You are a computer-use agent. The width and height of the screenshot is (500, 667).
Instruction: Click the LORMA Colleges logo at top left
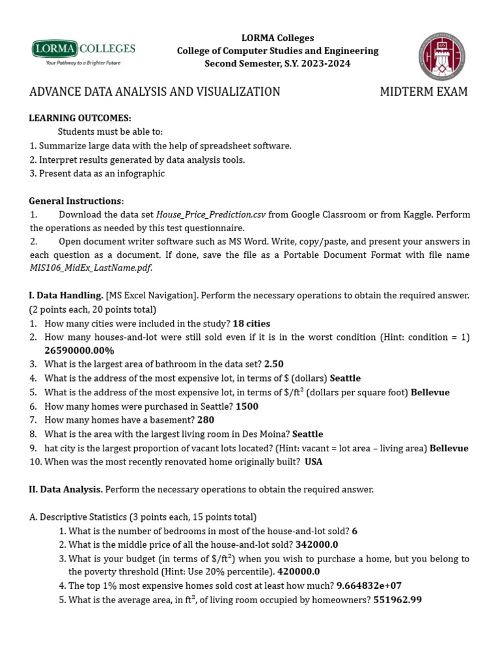83,52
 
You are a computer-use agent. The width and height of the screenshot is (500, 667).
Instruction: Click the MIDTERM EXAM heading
424,92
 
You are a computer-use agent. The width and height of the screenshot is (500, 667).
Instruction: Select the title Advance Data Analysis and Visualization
155,92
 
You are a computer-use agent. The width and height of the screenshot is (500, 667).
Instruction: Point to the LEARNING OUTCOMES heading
80,118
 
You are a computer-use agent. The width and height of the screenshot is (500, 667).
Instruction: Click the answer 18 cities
251,324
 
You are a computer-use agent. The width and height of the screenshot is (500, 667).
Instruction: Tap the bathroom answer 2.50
274,364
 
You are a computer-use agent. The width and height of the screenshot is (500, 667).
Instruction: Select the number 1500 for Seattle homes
247,406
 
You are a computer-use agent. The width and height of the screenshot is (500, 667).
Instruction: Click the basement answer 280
205,420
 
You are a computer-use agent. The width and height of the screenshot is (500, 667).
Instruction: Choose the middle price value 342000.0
317,545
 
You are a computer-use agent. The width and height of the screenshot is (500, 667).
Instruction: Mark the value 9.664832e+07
369,586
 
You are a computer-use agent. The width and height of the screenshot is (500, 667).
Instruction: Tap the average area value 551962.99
397,600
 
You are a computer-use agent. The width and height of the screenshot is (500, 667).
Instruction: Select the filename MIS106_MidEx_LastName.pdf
90,268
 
